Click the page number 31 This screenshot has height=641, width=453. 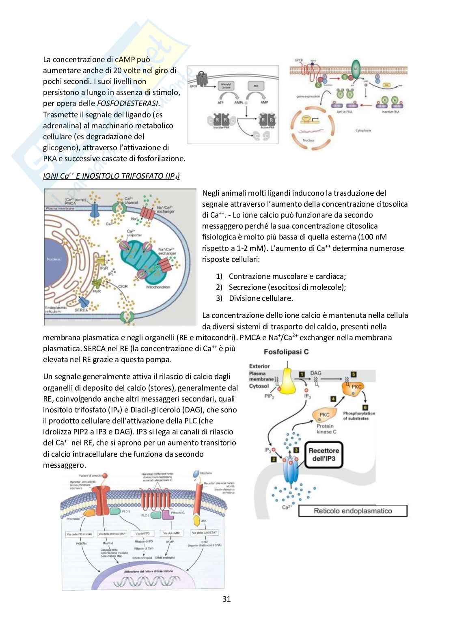(x=226, y=599)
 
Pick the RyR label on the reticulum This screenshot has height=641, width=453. (x=97, y=291)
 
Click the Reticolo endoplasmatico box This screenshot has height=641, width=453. (x=353, y=511)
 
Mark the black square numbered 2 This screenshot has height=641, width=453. (x=274, y=459)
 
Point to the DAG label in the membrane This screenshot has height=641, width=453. (x=316, y=373)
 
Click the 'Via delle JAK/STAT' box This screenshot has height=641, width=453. (x=203, y=533)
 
